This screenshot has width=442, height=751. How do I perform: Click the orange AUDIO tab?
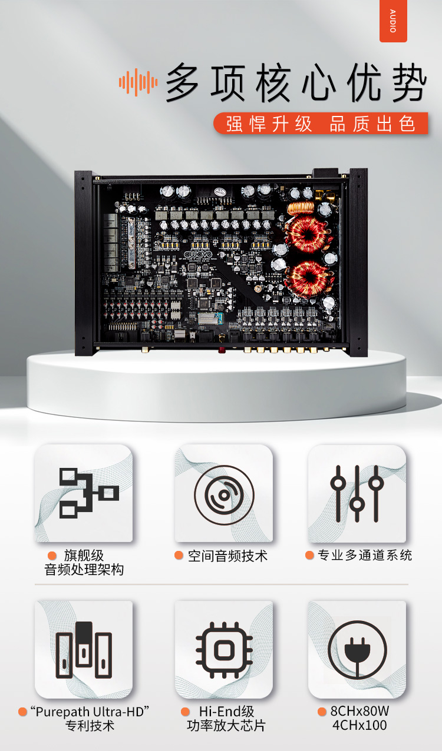393,21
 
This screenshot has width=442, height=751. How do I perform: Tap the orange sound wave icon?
138,82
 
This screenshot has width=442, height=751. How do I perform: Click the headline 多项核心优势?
296,82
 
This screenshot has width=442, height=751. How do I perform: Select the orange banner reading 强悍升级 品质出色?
321,124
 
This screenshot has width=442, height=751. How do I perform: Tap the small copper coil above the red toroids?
301,208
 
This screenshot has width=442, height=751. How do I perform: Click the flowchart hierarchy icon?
89,493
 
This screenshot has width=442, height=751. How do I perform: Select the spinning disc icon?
224,495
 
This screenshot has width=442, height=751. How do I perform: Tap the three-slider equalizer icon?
357,494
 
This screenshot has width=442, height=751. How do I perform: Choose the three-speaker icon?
84,650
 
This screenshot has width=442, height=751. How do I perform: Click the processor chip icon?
224,650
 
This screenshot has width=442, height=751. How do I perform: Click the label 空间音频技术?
227,556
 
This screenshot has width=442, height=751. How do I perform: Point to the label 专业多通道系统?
365,555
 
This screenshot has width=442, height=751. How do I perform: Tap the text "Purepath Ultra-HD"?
90,712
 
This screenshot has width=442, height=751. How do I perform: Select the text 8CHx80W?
359,711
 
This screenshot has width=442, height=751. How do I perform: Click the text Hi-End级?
226,712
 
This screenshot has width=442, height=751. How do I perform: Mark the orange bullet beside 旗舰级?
52,556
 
